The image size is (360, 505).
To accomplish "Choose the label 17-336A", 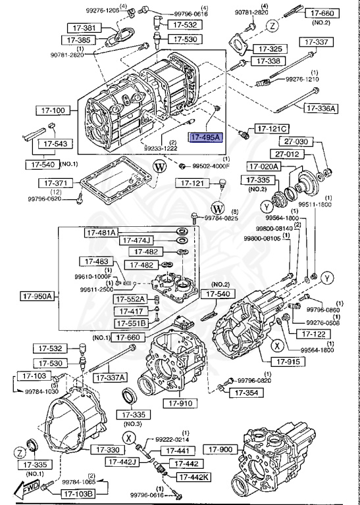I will (319, 108).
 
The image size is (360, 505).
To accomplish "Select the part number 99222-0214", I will (172, 439).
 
